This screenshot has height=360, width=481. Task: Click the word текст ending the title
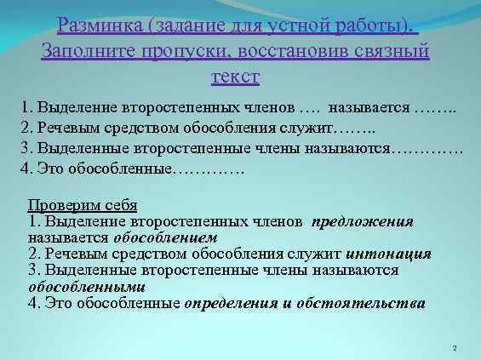(234, 77)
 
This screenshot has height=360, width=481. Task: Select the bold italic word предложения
(363, 221)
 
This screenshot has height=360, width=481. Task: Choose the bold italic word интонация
(389, 254)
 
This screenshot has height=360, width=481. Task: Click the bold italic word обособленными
(75, 286)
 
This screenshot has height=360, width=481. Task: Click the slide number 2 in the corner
(456, 348)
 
